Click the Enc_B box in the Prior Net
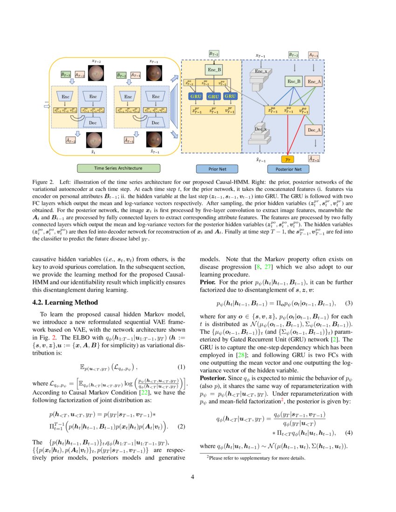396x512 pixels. point(214,70)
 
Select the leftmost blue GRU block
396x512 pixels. point(195,96)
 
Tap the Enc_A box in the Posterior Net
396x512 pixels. point(314,82)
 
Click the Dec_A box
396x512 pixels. point(314,131)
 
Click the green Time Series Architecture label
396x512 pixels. point(118,168)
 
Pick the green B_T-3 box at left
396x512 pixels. point(66,74)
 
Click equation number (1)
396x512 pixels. point(182,367)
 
